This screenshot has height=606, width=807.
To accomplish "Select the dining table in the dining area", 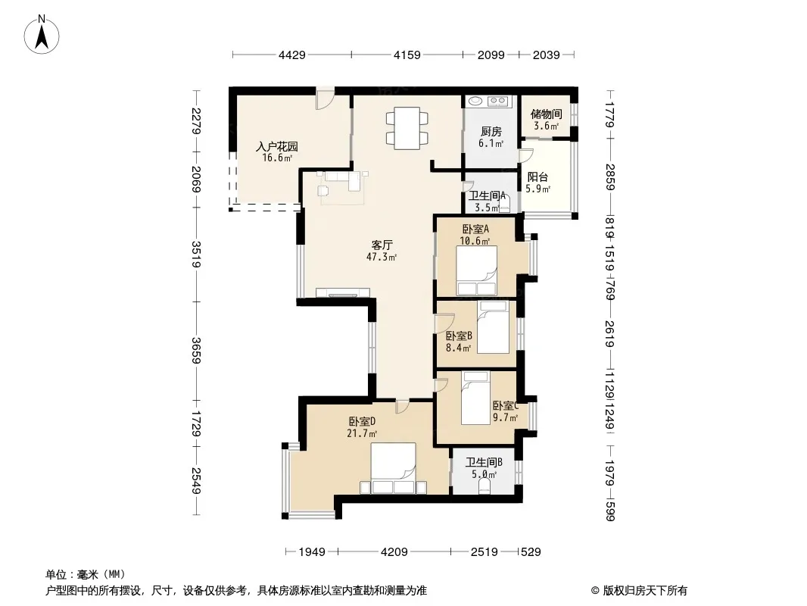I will [406, 127].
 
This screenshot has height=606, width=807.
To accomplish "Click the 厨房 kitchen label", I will [491, 136].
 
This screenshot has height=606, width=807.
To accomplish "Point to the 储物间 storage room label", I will [546, 120].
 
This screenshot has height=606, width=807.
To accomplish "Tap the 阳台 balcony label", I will [538, 183].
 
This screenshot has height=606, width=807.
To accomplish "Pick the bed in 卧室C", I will [475, 398].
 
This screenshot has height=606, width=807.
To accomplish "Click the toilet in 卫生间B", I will [485, 485].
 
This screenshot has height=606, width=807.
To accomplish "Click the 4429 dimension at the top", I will [291, 55].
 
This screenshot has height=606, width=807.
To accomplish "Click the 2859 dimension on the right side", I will [610, 177].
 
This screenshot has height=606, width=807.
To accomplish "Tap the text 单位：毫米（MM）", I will [86, 574].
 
